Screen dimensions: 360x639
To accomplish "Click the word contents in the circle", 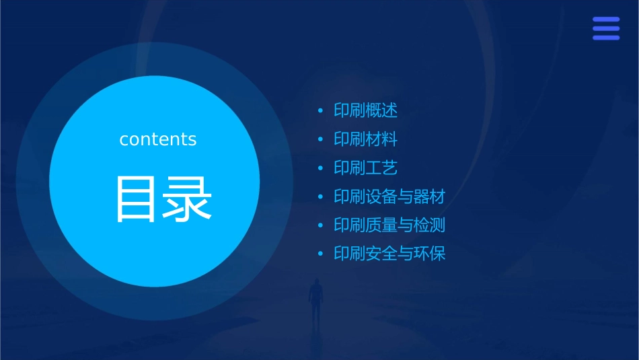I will [x=158, y=139].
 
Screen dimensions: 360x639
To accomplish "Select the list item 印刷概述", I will [x=366, y=110].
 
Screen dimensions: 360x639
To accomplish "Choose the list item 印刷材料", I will [x=366, y=139].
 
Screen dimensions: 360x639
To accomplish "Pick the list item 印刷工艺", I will [x=366, y=168].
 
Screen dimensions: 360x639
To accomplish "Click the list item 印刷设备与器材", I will [x=389, y=196].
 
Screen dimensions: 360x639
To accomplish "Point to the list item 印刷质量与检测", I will [x=389, y=225].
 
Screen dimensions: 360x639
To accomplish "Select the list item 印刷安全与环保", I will [x=389, y=254].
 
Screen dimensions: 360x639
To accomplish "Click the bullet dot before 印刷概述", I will [x=320, y=110].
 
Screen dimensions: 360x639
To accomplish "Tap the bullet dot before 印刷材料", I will [x=320, y=139].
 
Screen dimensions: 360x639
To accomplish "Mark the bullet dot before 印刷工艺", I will [x=320, y=168].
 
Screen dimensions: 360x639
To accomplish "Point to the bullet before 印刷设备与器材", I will [x=320, y=197].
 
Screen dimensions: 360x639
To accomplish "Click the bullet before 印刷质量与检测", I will [x=320, y=225].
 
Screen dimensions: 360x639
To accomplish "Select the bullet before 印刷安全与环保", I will [x=320, y=254].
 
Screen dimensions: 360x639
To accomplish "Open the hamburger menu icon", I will [x=605, y=28].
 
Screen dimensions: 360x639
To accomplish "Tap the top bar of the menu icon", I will [x=605, y=20].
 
